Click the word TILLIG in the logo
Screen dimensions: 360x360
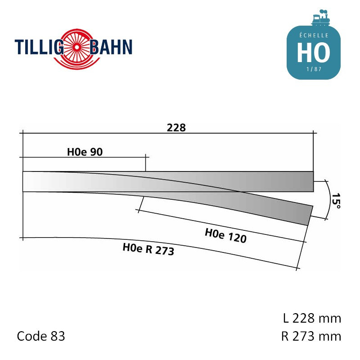pos(39,47)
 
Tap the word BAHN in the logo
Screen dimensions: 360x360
pos(111,47)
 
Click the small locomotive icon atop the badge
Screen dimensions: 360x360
pos(321,18)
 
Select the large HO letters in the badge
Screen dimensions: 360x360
pos(314,53)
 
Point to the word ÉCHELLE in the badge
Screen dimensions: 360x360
pos(314,36)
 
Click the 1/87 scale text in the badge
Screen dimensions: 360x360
pos(314,69)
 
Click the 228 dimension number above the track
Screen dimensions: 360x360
pos(176,128)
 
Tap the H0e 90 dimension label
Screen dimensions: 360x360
pos(85,152)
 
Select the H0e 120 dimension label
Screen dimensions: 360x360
pos(226,235)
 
